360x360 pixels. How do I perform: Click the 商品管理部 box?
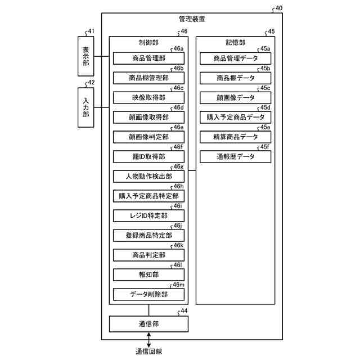click(x=148, y=58)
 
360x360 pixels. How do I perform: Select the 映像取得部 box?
click(x=148, y=97)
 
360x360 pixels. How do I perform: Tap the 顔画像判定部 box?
click(x=148, y=137)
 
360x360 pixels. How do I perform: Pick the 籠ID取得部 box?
click(x=148, y=156)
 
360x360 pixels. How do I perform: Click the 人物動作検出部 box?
click(x=148, y=176)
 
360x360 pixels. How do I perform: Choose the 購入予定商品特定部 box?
click(x=148, y=196)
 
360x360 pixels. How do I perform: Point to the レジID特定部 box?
click(x=148, y=215)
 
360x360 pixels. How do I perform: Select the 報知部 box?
click(x=148, y=274)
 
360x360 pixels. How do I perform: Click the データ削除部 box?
click(x=148, y=294)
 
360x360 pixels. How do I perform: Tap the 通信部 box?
click(x=148, y=324)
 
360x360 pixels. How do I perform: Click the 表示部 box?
click(x=86, y=56)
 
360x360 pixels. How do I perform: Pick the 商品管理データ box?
click(x=236, y=58)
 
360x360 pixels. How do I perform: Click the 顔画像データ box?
click(x=236, y=97)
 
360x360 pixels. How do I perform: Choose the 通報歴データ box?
click(x=236, y=156)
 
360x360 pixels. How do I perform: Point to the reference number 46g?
click(x=178, y=166)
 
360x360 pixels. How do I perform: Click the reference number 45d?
click(x=265, y=107)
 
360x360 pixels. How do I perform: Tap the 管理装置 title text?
click(x=191, y=19)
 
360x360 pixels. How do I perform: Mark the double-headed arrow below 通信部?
click(x=149, y=340)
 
